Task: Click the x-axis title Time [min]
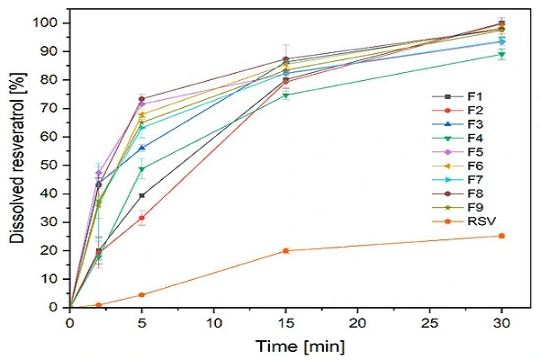(x=285, y=345)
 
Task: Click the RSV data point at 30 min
(x=501, y=236)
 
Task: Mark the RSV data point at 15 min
(x=286, y=250)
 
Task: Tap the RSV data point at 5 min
(x=142, y=294)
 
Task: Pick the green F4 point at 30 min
(x=501, y=55)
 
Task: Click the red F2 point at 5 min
(x=142, y=218)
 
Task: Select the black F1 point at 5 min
(x=142, y=195)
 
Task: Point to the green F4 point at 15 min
(x=286, y=94)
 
